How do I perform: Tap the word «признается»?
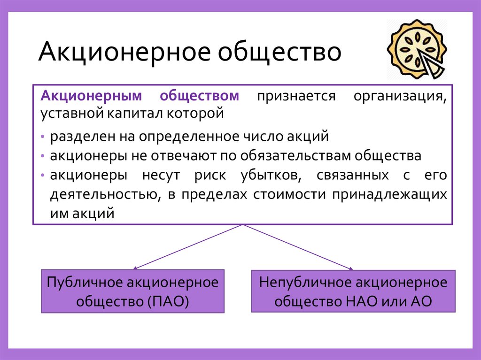coord(296,97)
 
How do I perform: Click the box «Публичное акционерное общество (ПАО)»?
coord(133,291)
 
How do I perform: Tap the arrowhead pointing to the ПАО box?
coord(135,268)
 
